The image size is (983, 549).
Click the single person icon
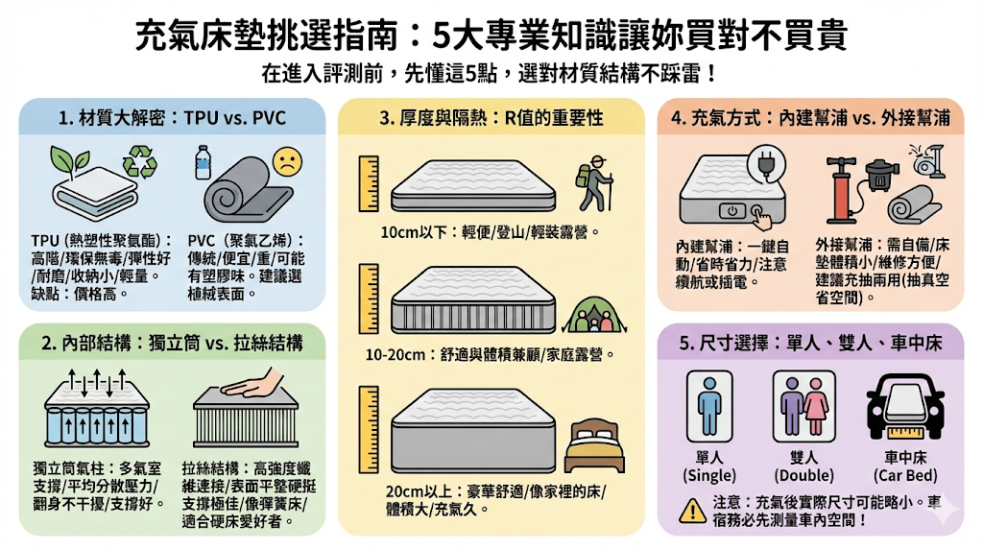(708, 403)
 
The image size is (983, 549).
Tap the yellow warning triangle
(692, 510)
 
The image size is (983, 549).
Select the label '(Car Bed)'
(902, 475)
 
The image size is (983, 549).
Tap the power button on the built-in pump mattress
(732, 209)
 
